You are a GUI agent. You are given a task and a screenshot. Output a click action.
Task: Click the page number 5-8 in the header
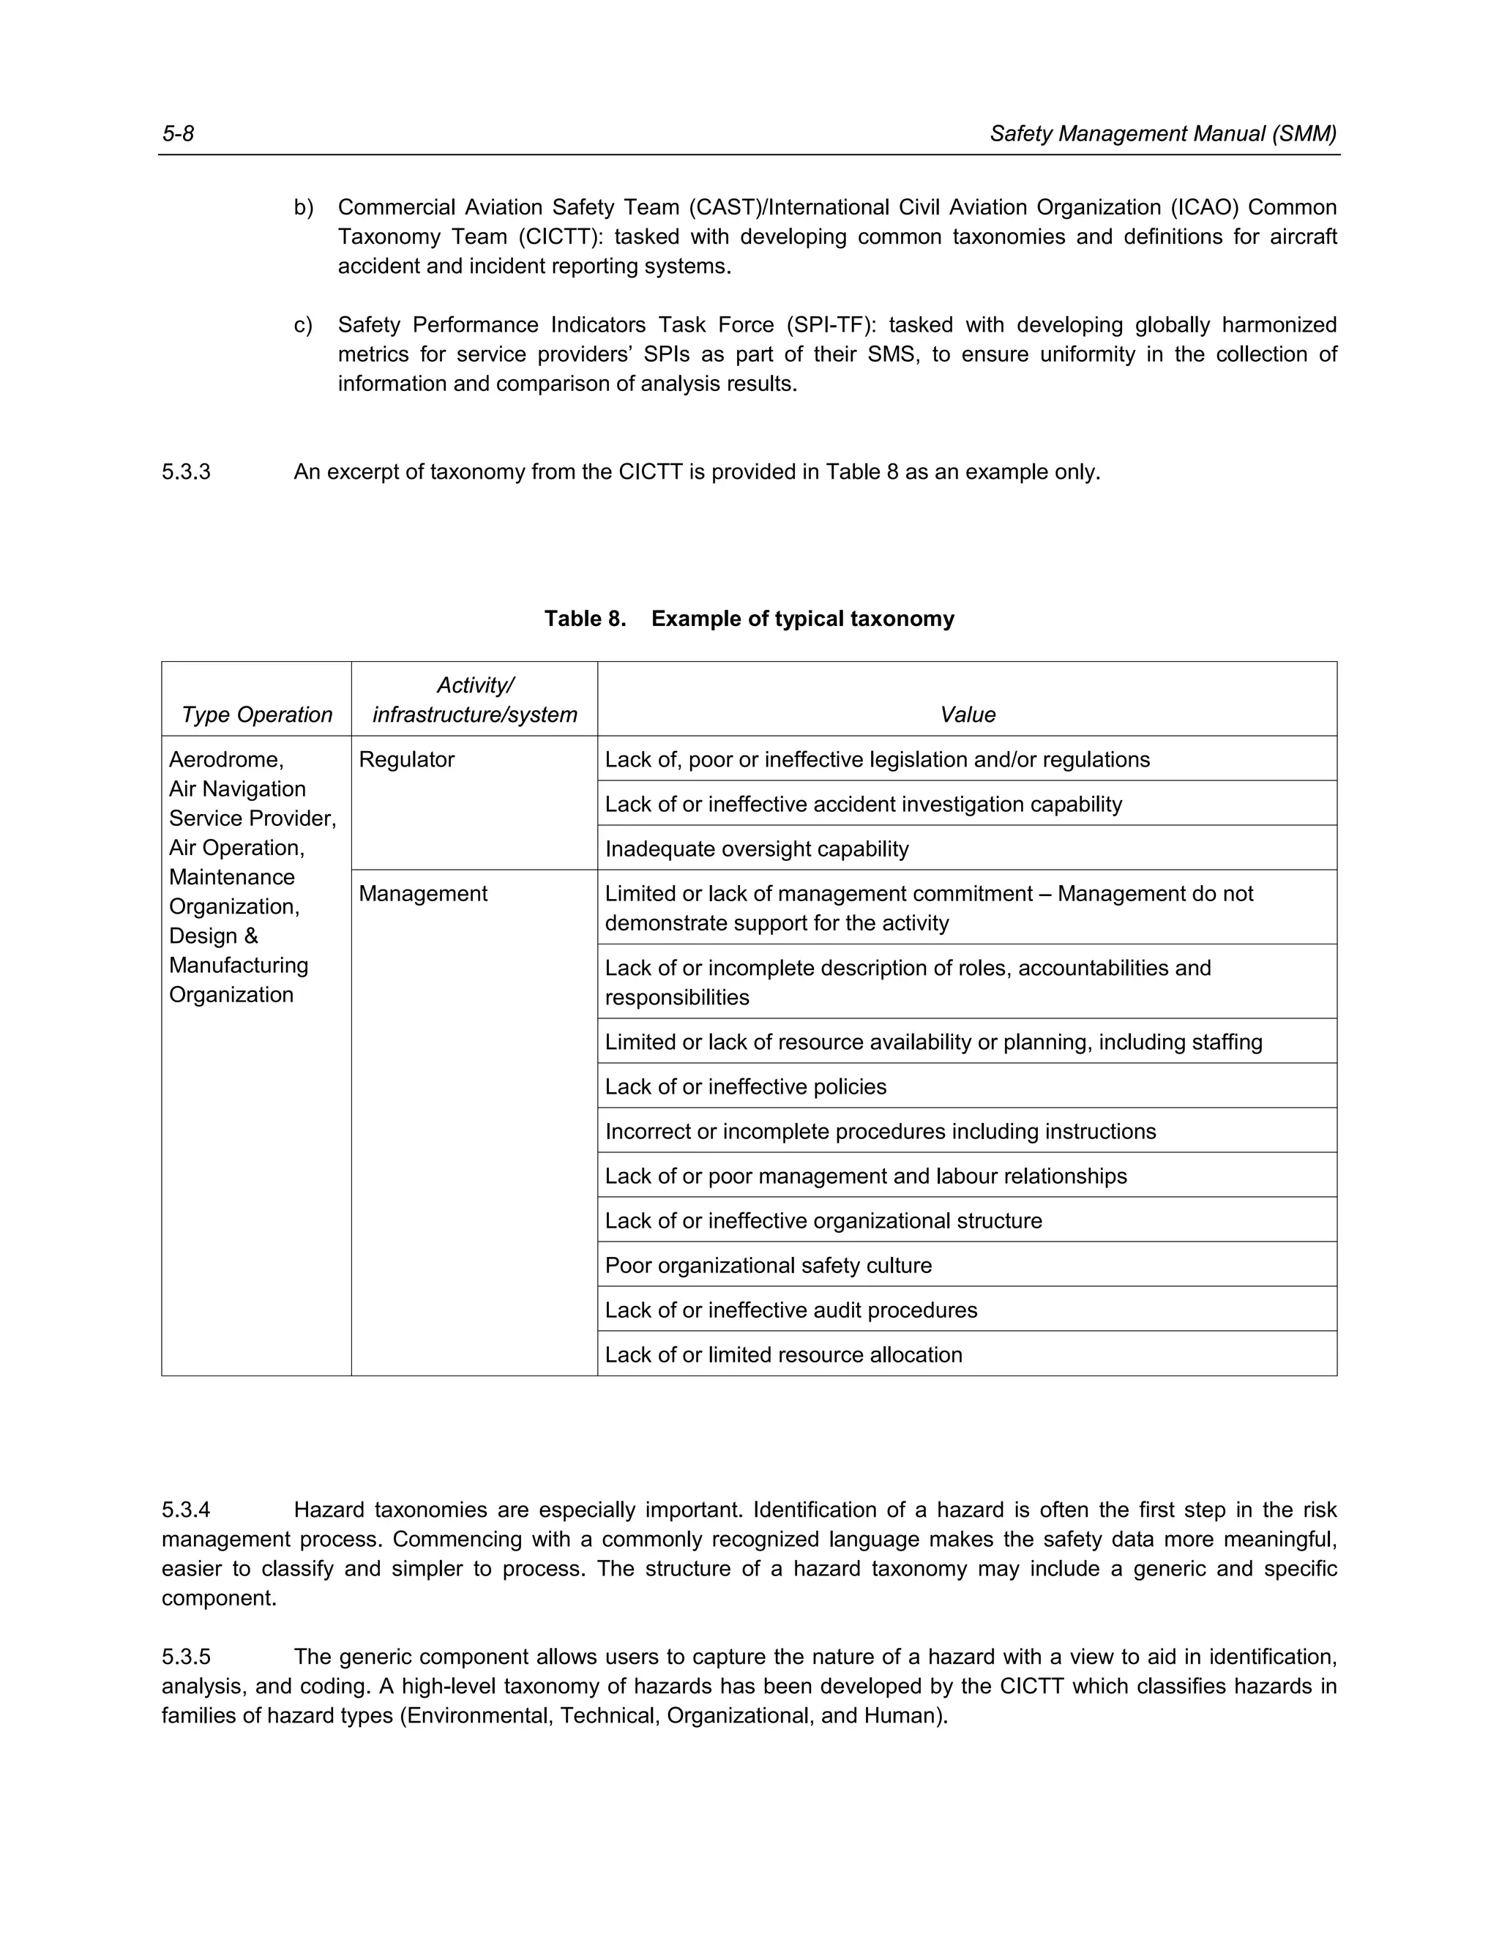tap(178, 134)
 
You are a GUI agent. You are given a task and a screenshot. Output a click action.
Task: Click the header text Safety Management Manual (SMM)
tap(1162, 134)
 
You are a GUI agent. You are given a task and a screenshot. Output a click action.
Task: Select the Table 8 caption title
tap(749, 619)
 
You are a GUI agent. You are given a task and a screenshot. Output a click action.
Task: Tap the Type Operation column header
tap(257, 715)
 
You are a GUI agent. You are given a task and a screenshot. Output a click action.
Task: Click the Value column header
tap(967, 715)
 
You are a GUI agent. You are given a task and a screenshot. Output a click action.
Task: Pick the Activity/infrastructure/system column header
tap(474, 701)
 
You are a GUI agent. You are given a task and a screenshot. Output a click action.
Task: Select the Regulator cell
tap(407, 759)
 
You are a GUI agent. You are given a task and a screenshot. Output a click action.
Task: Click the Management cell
tap(423, 894)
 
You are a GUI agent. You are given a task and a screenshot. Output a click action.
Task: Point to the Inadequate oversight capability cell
tap(757, 849)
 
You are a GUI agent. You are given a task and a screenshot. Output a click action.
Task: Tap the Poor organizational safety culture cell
tap(768, 1266)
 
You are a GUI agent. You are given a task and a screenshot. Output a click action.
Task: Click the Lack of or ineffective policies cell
tap(745, 1087)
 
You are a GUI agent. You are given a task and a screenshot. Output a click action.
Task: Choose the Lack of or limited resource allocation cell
tap(783, 1354)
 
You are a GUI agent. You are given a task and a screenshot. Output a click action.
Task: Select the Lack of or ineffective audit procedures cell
tap(790, 1310)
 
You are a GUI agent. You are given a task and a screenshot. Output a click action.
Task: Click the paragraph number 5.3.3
tap(187, 471)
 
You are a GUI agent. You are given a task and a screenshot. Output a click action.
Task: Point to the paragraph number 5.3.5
tap(187, 1657)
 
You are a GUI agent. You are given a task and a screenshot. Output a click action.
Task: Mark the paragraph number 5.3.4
tap(187, 1510)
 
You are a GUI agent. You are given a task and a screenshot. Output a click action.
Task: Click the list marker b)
tap(304, 208)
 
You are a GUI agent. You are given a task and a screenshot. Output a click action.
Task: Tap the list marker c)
tap(304, 325)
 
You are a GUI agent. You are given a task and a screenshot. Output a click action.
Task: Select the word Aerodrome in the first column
tap(225, 759)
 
